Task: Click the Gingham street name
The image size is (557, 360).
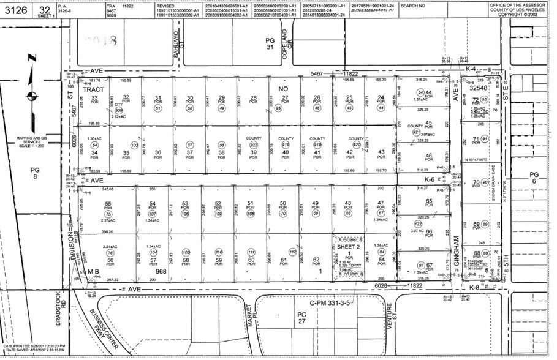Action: [455, 242]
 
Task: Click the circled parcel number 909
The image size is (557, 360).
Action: [136, 110]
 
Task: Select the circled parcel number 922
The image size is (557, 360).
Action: [254, 144]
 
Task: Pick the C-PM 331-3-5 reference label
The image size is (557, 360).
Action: [330, 302]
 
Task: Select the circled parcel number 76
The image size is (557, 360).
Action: [110, 252]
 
